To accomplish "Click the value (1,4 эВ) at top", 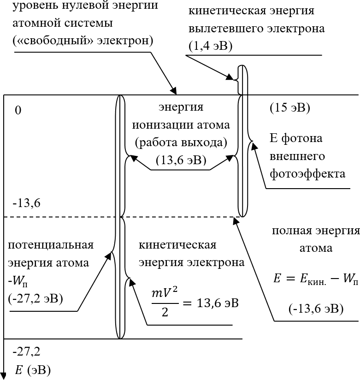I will [x=210, y=46].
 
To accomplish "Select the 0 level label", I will [x=18, y=111].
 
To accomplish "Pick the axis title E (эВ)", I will [x=32, y=370].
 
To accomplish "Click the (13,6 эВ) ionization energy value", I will [x=181, y=160].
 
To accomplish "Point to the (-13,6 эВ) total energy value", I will [x=316, y=309].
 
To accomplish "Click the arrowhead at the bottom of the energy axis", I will [x=4, y=375].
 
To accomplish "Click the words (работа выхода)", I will [x=181, y=142].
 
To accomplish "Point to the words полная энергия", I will [x=315, y=231].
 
